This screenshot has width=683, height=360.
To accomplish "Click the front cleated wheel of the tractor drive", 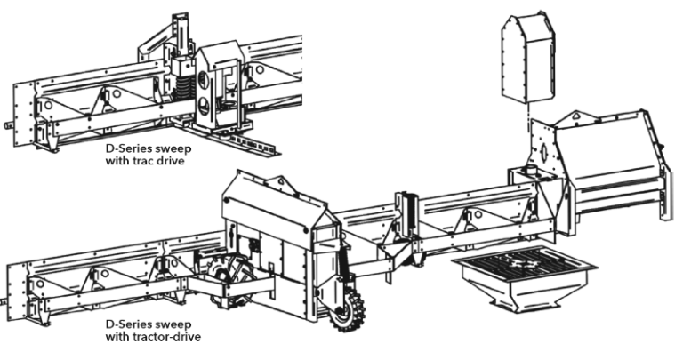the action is click(x=350, y=310).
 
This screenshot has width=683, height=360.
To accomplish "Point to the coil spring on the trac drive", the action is click(x=183, y=90).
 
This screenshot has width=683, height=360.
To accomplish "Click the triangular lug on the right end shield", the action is click(x=576, y=116).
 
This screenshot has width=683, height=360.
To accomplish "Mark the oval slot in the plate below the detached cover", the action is click(x=542, y=152).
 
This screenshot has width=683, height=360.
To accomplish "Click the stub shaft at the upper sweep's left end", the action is click(x=8, y=126).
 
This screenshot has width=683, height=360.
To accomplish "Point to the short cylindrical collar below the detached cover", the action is click(x=534, y=169).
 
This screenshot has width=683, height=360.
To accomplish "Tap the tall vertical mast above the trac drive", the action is click(x=181, y=35).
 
